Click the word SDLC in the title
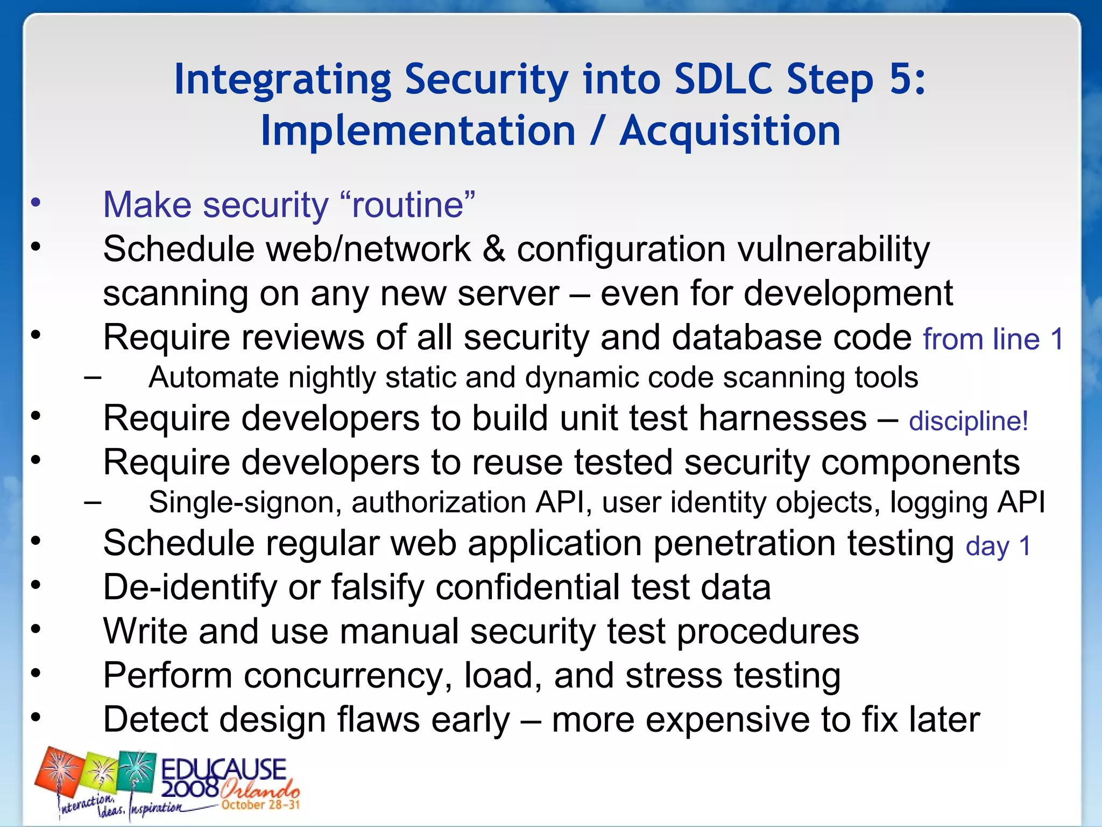click(724, 80)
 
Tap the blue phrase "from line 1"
click(993, 340)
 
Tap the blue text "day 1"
click(998, 546)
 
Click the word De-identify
click(190, 587)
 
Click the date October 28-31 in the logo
click(260, 805)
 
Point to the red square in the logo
click(59, 775)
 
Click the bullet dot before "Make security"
click(36, 204)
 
